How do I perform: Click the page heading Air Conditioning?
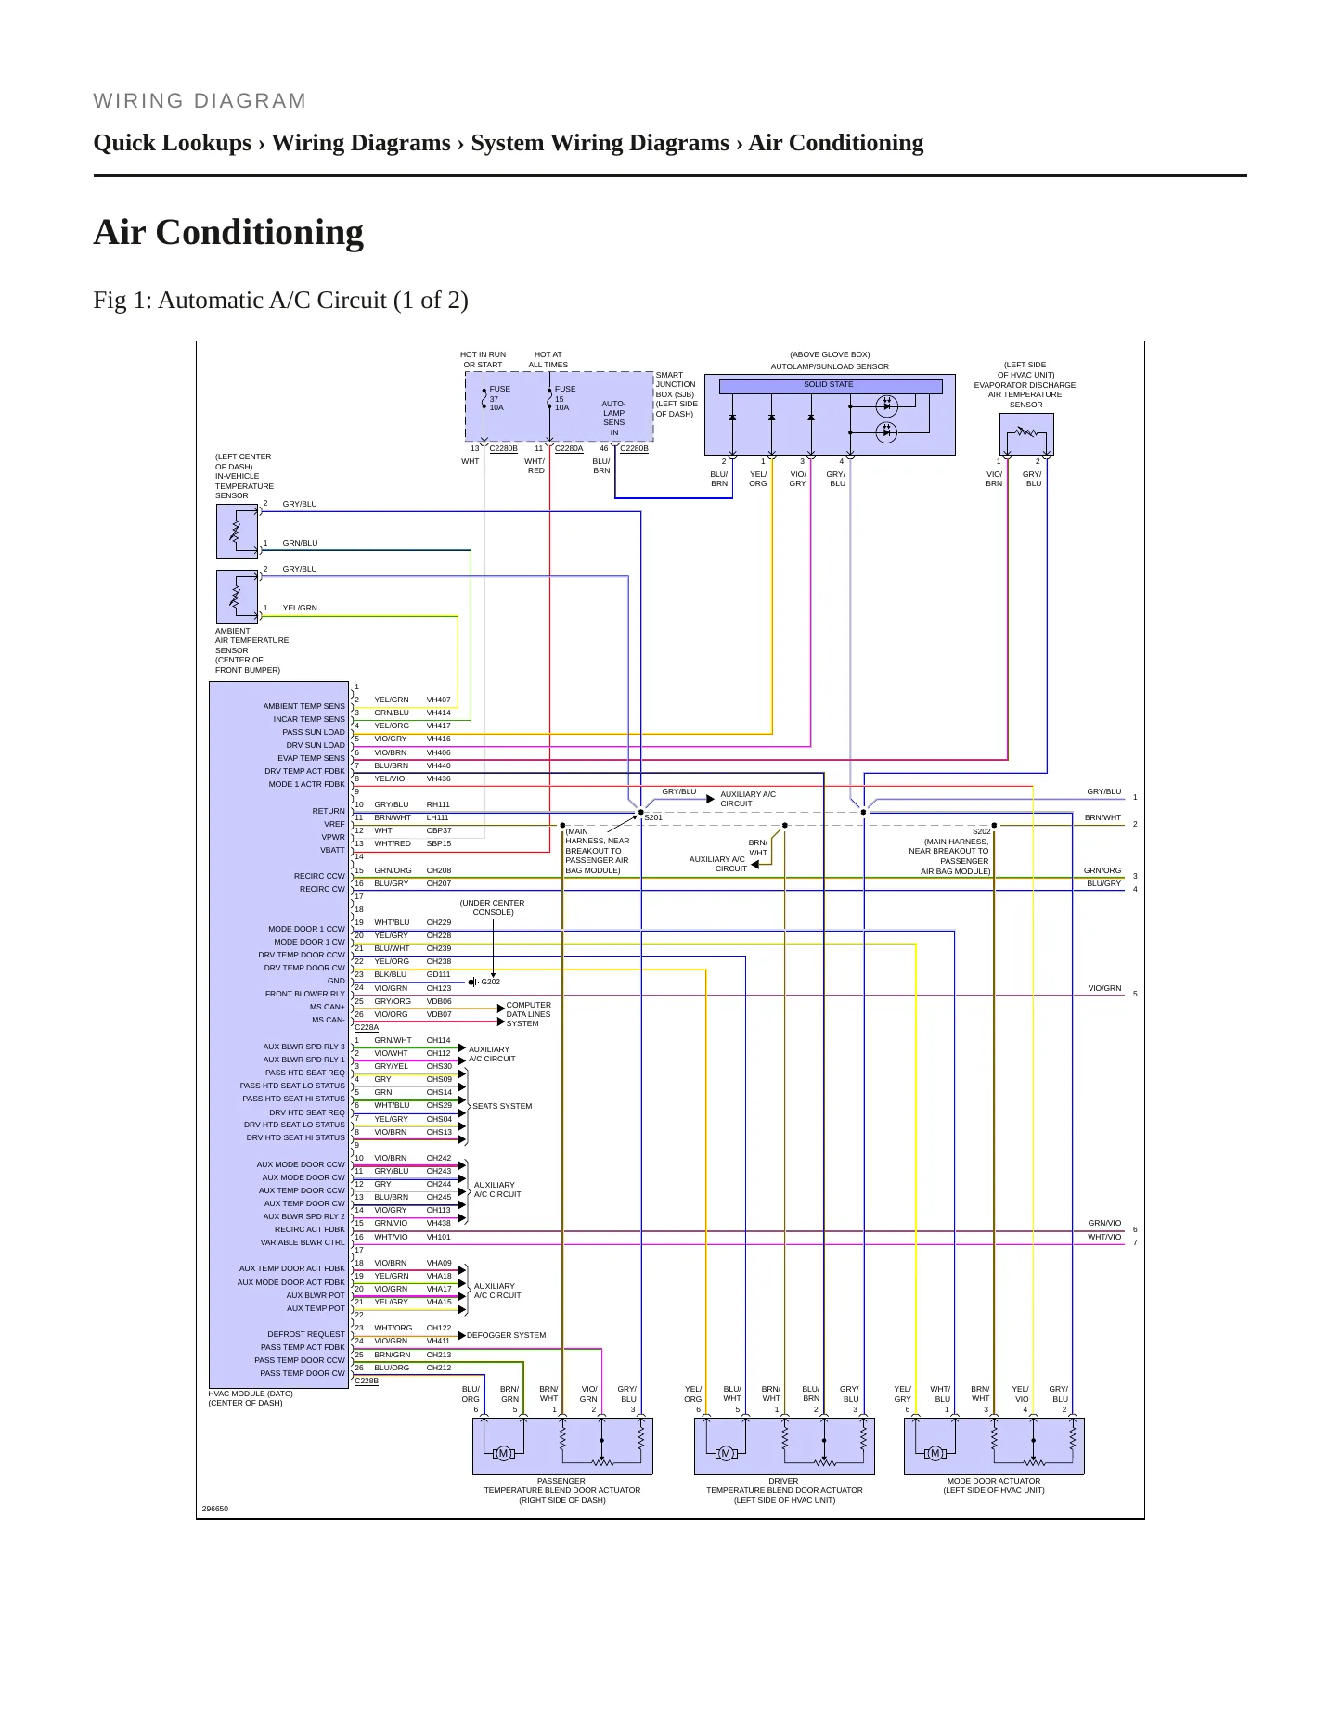pyautogui.click(x=228, y=232)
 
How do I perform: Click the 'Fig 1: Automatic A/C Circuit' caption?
pyautogui.click(x=280, y=301)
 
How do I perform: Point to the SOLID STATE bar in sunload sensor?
pyautogui.click(x=830, y=385)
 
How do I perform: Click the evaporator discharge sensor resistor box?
pyautogui.click(x=1026, y=433)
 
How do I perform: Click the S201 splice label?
pyautogui.click(x=653, y=817)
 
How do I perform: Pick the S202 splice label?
pyautogui.click(x=981, y=831)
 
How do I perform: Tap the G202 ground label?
pyautogui.click(x=490, y=982)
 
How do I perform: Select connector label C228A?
pyautogui.click(x=367, y=1027)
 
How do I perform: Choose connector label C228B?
pyautogui.click(x=367, y=1381)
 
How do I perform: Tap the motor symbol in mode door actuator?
pyautogui.click(x=935, y=1453)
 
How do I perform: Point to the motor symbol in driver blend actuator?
pyautogui.click(x=726, y=1453)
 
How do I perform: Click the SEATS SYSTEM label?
pyautogui.click(x=502, y=1106)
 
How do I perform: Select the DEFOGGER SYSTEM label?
pyautogui.click(x=506, y=1335)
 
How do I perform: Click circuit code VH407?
pyautogui.click(x=439, y=700)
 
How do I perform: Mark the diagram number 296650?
pyautogui.click(x=215, y=1509)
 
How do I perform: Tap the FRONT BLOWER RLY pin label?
pyautogui.click(x=304, y=994)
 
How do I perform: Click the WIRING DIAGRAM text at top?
pyautogui.click(x=200, y=101)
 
